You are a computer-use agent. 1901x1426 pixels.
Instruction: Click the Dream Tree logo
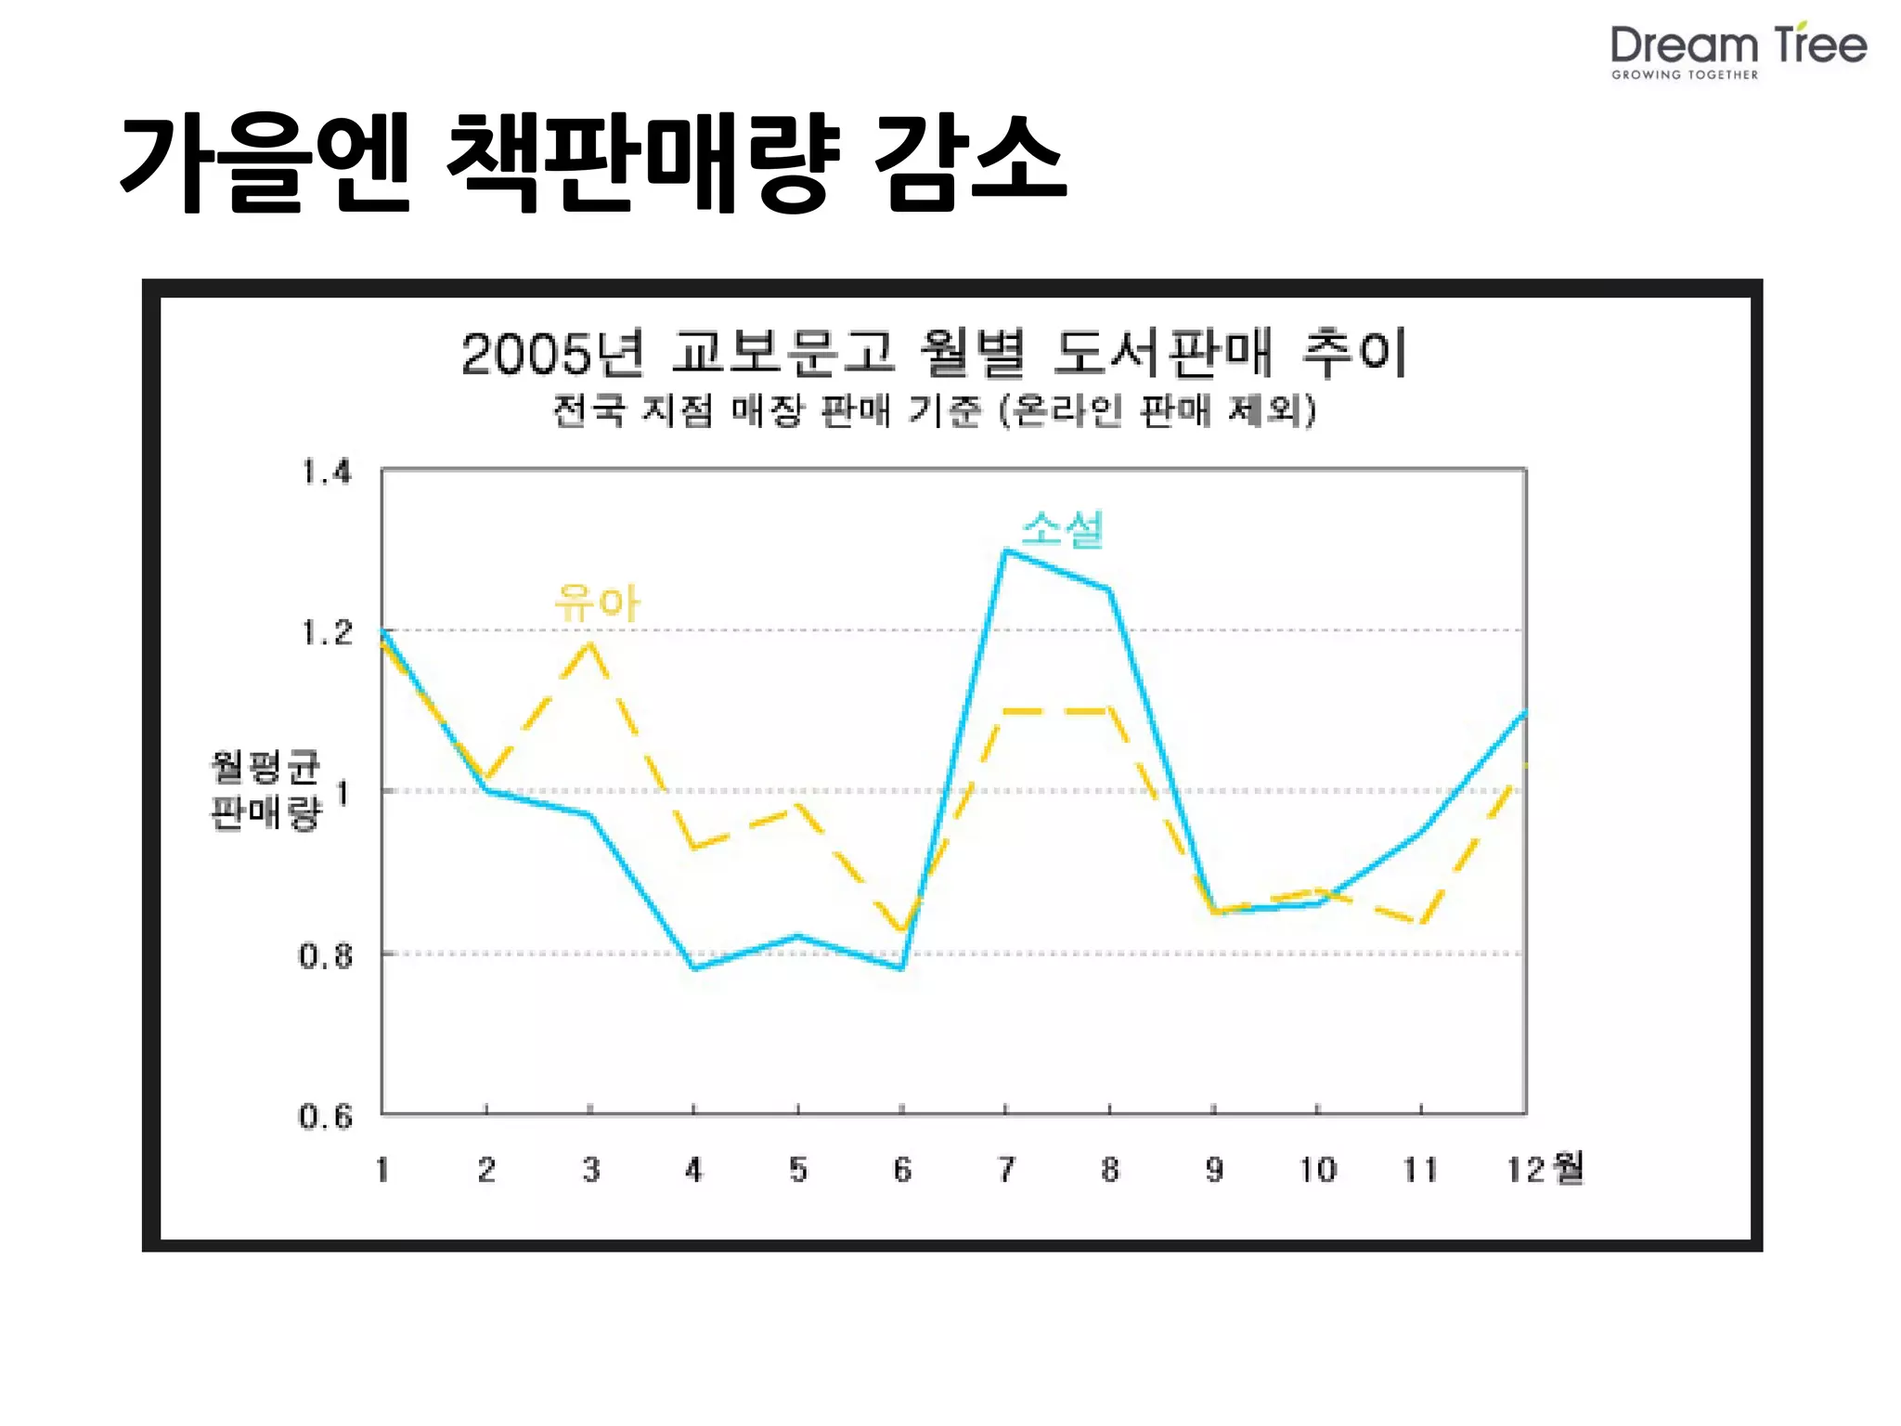[1738, 50]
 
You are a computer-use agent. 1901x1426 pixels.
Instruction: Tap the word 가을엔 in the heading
[265, 163]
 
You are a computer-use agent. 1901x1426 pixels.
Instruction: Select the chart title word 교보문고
[782, 353]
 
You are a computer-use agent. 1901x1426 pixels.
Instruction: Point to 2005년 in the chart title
[551, 355]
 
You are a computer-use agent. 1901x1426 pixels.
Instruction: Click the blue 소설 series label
[1062, 529]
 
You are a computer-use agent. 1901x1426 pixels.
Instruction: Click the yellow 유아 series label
[597, 603]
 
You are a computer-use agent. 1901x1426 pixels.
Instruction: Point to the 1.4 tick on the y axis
[327, 473]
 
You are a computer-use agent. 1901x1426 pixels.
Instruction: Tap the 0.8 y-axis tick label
[325, 955]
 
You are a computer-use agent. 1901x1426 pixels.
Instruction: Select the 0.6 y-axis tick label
[325, 1116]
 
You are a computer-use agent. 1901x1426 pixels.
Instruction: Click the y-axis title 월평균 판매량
[265, 790]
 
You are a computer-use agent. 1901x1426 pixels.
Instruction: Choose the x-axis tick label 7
[1006, 1170]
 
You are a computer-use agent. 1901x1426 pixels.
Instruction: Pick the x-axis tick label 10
[1317, 1170]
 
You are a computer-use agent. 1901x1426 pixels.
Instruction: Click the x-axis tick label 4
[693, 1170]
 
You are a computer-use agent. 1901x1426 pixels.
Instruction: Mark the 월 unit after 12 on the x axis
[1568, 1168]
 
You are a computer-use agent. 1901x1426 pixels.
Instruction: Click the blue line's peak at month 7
[1006, 551]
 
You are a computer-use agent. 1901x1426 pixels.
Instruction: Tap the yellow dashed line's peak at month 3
[589, 643]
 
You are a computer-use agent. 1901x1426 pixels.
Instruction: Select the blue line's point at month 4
[693, 968]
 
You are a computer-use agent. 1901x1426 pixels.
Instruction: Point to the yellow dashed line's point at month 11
[1421, 922]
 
